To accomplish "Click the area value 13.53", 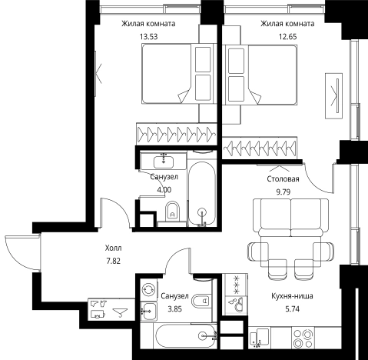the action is point(148,37).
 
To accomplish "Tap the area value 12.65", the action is point(287,37).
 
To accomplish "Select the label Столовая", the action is point(283,178).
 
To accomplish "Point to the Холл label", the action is point(113,248).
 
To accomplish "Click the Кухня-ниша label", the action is point(292,296).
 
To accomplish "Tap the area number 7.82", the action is point(113,261).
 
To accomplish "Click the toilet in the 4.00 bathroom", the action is point(172,212).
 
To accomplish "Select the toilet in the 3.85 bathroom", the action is point(201,301).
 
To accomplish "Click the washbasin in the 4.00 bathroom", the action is point(164,162).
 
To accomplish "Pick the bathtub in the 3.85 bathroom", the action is point(185,336).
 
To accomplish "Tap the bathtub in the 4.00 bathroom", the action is point(202,194).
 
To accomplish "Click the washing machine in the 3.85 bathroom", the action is point(149,290).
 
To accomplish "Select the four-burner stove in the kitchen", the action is point(303,338).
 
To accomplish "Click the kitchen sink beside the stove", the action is point(259,338).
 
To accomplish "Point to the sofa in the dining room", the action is point(290,218).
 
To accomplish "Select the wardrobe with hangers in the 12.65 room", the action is point(260,148).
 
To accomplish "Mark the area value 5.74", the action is point(292,309).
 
